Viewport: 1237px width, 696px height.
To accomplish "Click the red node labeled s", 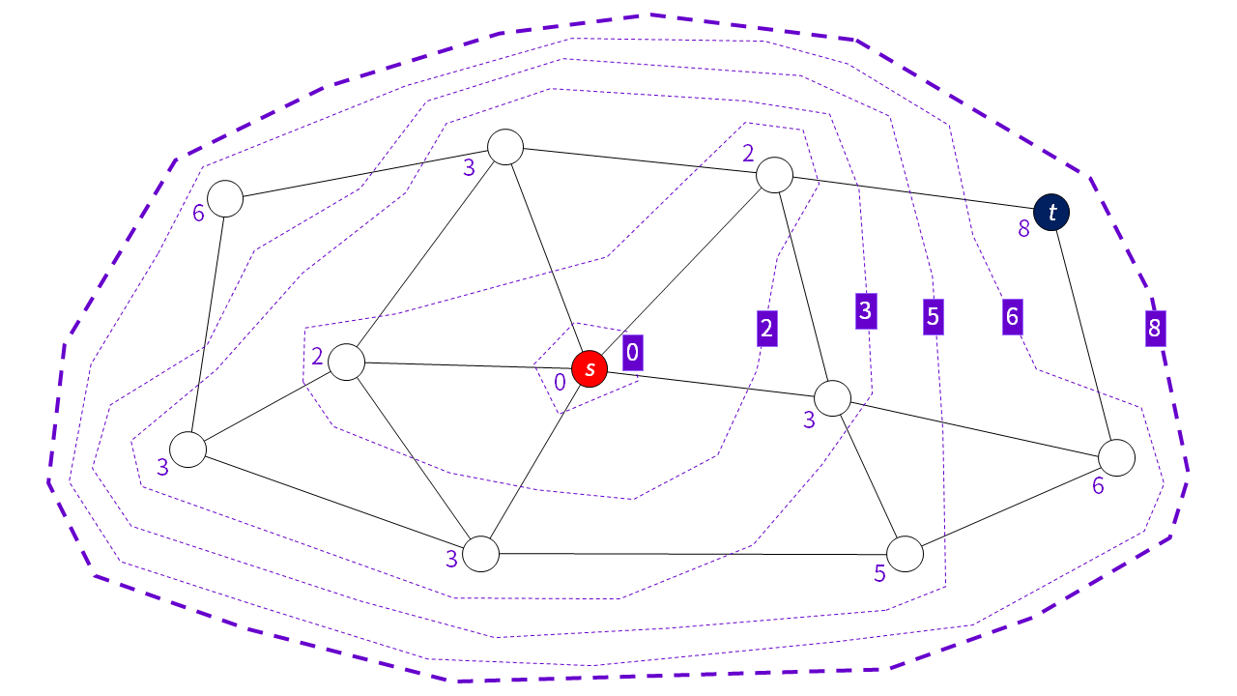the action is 590,368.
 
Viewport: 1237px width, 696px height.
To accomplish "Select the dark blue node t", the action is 1050,212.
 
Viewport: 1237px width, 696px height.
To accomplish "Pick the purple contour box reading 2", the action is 766,328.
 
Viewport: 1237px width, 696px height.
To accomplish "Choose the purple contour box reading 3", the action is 865,311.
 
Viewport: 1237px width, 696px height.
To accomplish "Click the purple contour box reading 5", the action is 933,316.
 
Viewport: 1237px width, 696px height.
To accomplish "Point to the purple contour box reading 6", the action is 1012,316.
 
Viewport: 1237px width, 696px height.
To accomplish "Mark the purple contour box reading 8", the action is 1153,329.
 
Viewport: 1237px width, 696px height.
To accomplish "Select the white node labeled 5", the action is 906,554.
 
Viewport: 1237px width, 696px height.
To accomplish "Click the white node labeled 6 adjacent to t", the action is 1116,458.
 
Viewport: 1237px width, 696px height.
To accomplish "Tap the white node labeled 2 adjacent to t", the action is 774,176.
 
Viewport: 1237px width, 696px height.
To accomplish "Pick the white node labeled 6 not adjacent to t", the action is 224,199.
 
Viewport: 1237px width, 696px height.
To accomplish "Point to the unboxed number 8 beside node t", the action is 1023,230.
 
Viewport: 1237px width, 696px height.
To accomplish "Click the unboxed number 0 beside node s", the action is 560,383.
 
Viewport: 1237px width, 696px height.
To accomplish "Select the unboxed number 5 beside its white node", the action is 879,573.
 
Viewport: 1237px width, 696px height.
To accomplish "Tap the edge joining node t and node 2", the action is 912,193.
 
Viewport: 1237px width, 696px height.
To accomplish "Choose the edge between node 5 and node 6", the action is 1011,507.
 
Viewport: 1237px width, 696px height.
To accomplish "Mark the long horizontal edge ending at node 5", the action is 692,554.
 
